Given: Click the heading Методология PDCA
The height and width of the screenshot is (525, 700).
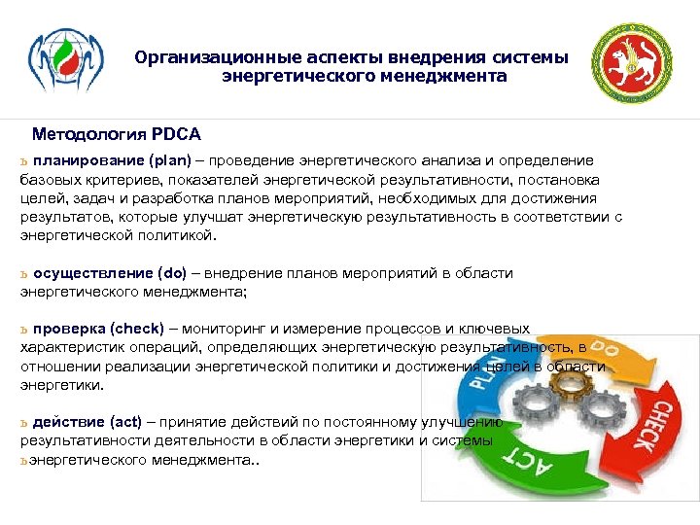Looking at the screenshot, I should (116, 133).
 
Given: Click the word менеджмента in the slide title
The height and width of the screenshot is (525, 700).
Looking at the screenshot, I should (451, 75).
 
